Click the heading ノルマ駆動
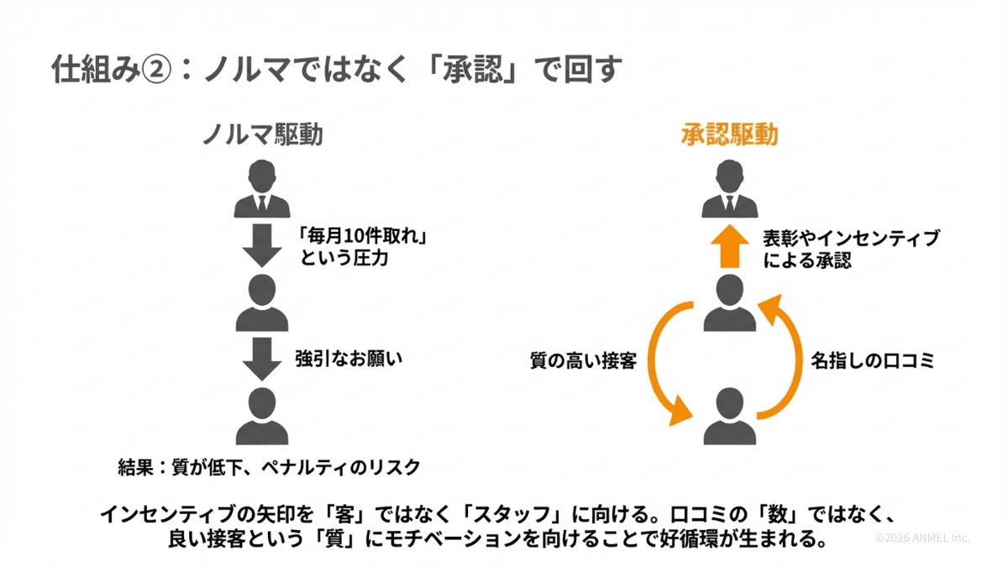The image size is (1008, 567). (x=262, y=135)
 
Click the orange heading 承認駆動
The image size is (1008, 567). (x=728, y=135)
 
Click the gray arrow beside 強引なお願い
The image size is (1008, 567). (x=262, y=359)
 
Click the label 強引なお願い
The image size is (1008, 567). (x=349, y=359)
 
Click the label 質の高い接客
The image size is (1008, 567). (x=584, y=362)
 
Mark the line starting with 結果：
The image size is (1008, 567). (x=269, y=467)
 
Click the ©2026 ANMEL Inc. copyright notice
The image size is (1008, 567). (x=922, y=538)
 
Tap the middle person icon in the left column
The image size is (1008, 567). (x=262, y=303)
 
